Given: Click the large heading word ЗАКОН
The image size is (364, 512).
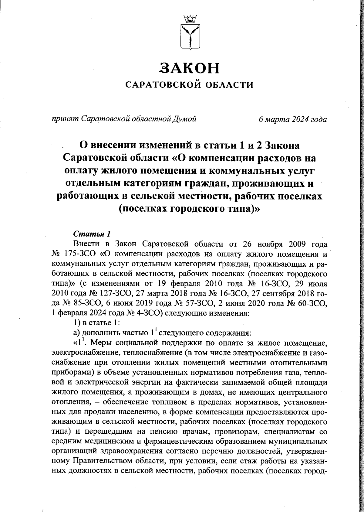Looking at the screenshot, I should pos(189,68).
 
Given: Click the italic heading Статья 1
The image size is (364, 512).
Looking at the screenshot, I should pos(91,234).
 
